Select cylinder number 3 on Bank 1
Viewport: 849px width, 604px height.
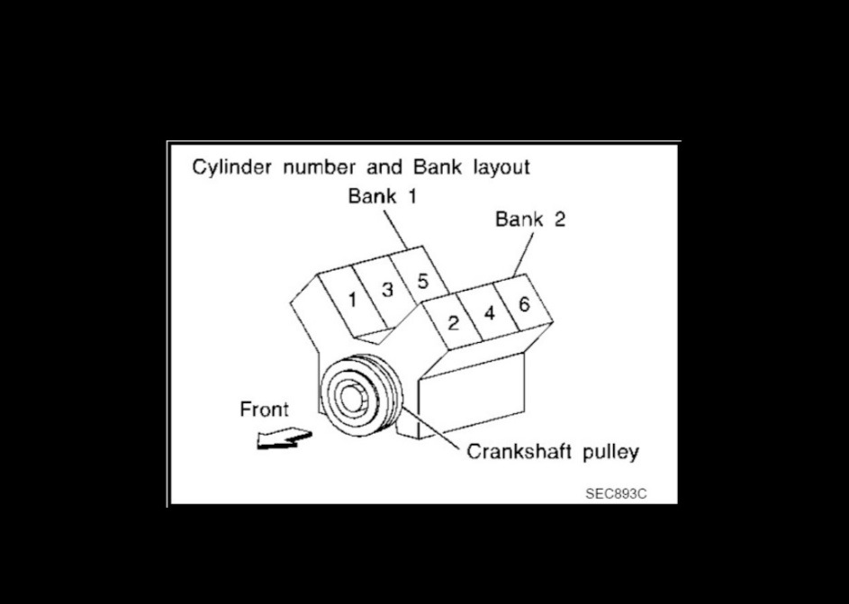pos(387,290)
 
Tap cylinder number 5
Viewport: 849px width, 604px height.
pos(421,280)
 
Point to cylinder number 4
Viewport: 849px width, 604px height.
pos(490,313)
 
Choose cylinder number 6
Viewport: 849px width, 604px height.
pos(524,303)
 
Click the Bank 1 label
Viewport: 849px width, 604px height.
pos(384,196)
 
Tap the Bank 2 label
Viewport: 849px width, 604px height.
pos(530,220)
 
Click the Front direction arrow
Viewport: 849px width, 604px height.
pos(283,440)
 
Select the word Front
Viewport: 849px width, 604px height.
pos(264,410)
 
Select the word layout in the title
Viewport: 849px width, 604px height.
pos(500,167)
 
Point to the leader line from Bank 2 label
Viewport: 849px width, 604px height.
pos(527,252)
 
